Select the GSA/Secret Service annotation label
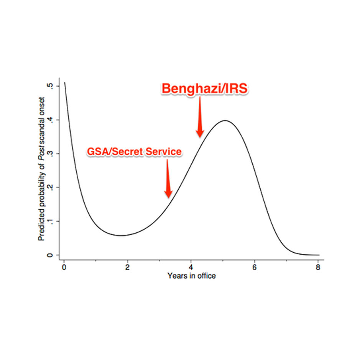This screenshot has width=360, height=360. point(133,151)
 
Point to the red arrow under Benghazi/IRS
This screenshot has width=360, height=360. point(200,117)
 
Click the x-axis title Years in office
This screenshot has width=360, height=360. point(191,276)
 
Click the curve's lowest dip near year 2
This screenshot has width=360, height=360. point(121,235)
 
